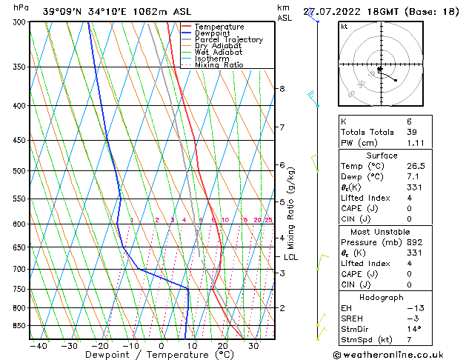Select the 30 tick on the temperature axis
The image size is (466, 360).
253,345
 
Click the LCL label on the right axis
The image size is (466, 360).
291,257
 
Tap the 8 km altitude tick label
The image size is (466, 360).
282,89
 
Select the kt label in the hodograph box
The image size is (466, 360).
344,27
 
